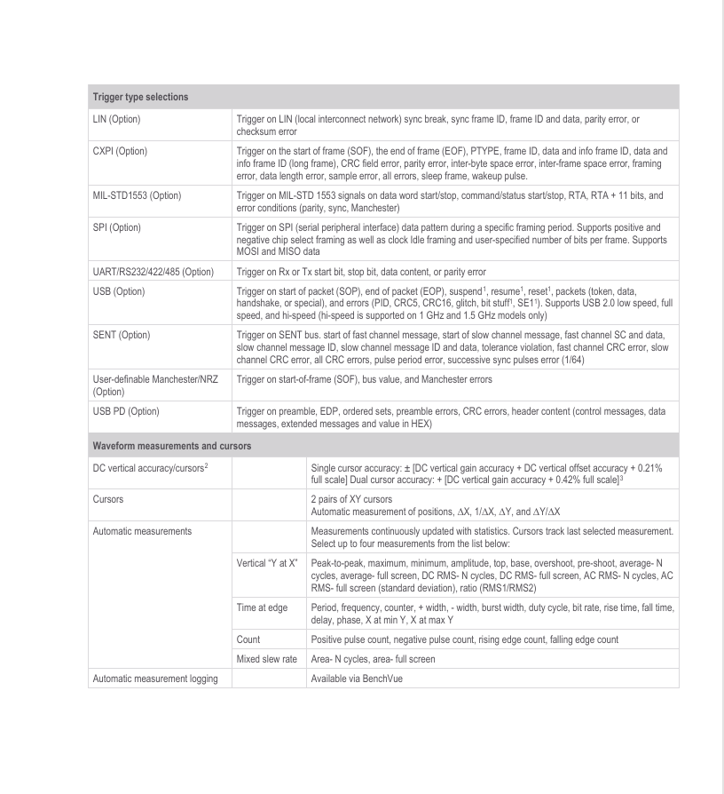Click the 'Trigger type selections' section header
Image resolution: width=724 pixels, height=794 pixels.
coord(140,97)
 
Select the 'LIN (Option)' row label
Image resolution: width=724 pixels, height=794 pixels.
coord(116,119)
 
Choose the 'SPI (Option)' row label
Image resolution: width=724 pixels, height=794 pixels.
coord(116,228)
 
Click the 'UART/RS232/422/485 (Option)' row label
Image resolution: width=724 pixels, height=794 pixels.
coord(153,272)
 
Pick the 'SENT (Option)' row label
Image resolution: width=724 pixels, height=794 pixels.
coord(121,335)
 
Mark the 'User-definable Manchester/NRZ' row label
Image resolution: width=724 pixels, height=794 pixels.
coord(156,379)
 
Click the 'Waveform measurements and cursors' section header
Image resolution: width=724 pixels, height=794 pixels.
coord(171,445)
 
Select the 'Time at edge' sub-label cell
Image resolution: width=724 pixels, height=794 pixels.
coord(263,607)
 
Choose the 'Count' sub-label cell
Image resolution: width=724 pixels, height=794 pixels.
coord(248,639)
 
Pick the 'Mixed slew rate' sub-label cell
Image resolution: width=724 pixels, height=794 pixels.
coord(267,659)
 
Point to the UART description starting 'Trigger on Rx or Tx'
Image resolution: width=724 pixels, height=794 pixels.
coord(360,272)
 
